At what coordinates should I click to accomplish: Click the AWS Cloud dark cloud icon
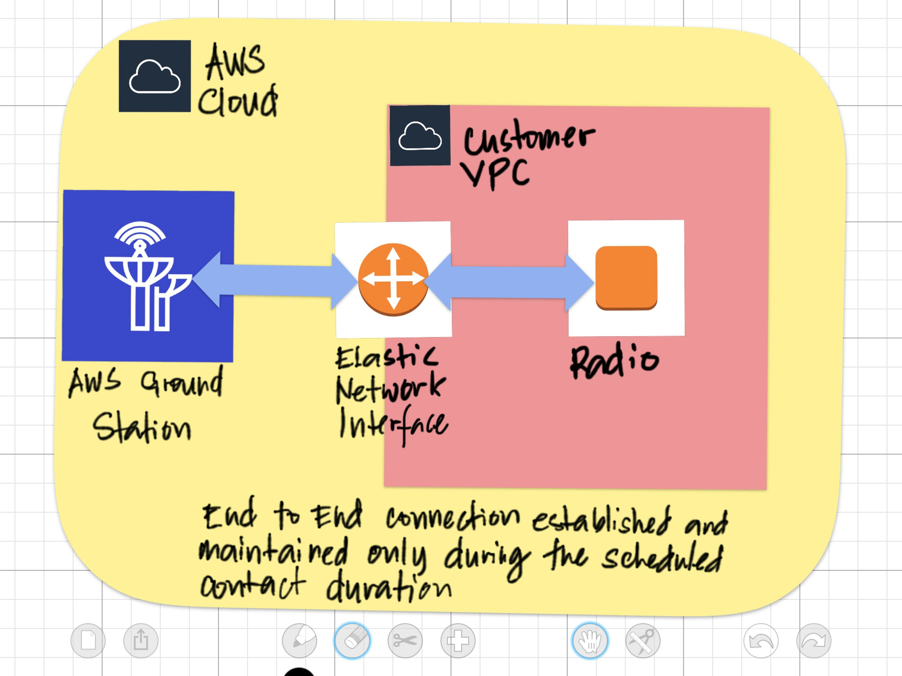155,76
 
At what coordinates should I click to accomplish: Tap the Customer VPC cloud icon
420,136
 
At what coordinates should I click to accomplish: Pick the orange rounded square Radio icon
626,278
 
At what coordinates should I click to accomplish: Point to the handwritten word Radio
614,360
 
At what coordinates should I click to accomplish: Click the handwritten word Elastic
386,357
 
